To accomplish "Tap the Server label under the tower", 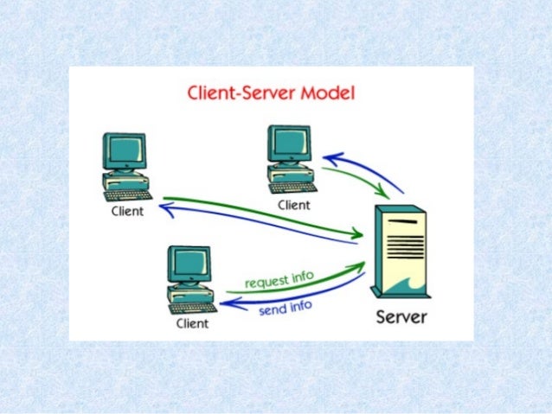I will (x=401, y=316).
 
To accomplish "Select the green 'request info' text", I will (x=279, y=279).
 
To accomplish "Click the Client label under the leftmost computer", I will (x=127, y=213).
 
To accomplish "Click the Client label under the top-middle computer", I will (x=293, y=205).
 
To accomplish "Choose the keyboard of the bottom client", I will (x=192, y=307).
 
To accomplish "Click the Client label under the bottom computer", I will (x=192, y=324).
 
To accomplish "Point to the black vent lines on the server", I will (x=402, y=230).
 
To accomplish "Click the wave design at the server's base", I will (x=401, y=284).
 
